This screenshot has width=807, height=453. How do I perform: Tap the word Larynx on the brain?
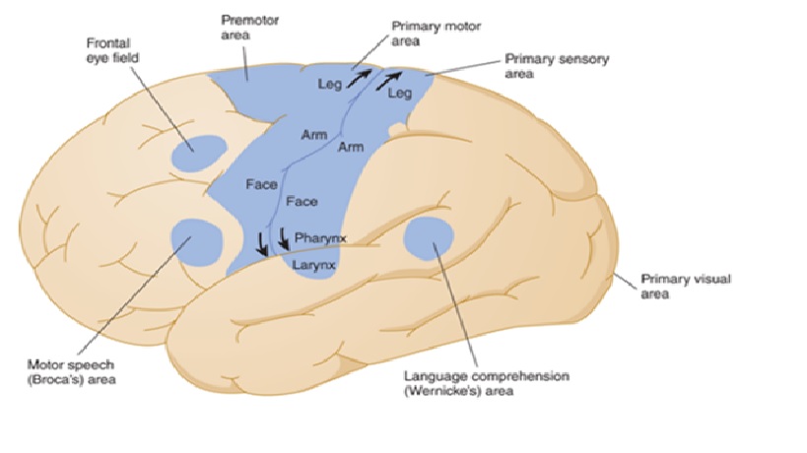pos(314,264)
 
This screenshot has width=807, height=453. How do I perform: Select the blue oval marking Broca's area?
pos(197,239)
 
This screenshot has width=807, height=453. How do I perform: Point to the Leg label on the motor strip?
pos(329,85)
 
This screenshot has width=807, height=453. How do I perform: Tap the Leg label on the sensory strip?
pos(399,94)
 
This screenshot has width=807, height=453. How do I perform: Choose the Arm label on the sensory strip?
pos(350,147)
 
